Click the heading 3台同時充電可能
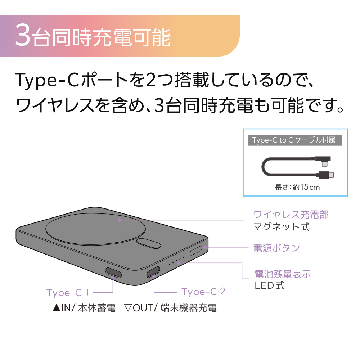[x=93, y=37]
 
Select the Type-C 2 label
[x=203, y=292]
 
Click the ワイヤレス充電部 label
[x=291, y=215]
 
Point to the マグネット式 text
[x=282, y=227]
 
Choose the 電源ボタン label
[x=276, y=248]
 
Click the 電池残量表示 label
[x=283, y=274]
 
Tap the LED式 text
[x=270, y=285]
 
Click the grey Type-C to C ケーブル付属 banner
[x=295, y=140]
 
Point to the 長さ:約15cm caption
[x=297, y=187]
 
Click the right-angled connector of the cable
[x=323, y=161]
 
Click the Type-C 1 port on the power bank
[x=113, y=273]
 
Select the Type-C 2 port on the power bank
[x=153, y=272]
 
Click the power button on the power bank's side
[x=196, y=251]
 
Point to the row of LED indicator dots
[x=176, y=261]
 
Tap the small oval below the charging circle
[x=148, y=243]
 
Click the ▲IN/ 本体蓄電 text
[x=84, y=308]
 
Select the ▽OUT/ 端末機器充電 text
[x=170, y=308]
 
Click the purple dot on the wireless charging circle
[x=120, y=220]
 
